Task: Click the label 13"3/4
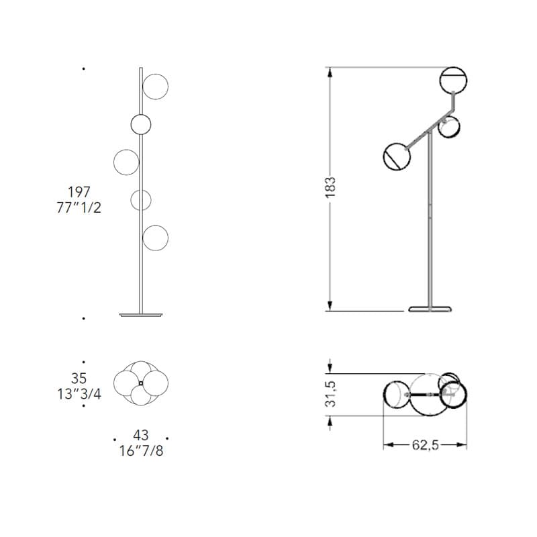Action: (x=79, y=394)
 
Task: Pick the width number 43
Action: (x=140, y=436)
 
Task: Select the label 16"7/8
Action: (x=140, y=450)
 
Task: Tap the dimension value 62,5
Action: (x=424, y=444)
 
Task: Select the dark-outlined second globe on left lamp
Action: (x=140, y=124)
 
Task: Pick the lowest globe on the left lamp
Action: (x=155, y=238)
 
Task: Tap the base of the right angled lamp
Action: (x=430, y=309)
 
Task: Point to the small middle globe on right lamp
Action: (x=448, y=126)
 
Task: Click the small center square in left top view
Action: (x=140, y=383)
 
